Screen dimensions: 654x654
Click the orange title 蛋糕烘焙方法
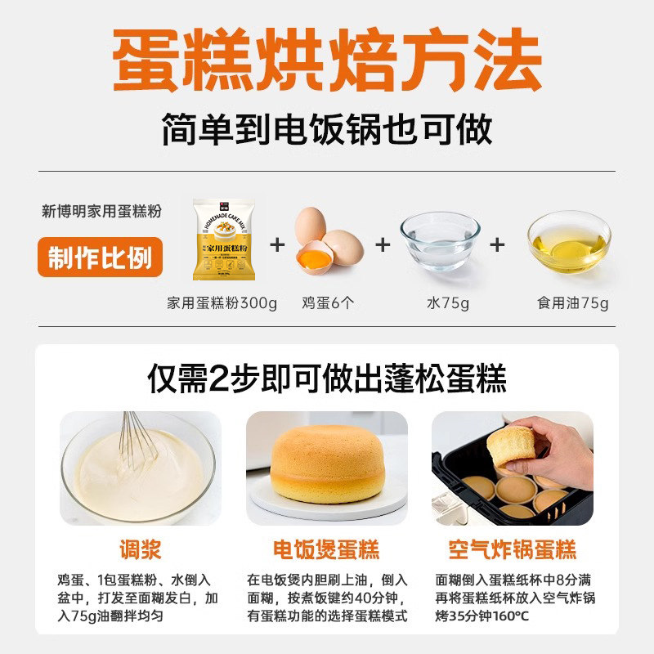pyautogui.click(x=327, y=59)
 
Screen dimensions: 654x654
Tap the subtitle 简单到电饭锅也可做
pyautogui.click(x=327, y=129)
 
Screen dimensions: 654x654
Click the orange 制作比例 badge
pyautogui.click(x=100, y=258)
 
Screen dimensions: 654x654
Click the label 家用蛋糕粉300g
pyautogui.click(x=222, y=303)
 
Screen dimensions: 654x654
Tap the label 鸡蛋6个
pyautogui.click(x=327, y=303)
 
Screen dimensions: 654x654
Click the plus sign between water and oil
pyautogui.click(x=497, y=244)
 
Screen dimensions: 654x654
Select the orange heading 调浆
pyautogui.click(x=141, y=549)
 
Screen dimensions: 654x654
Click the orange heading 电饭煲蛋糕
pyautogui.click(x=326, y=549)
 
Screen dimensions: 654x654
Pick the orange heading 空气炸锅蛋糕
pyautogui.click(x=513, y=549)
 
